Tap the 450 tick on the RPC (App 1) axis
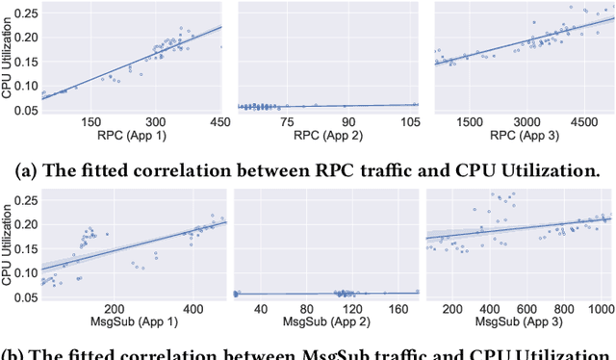pyautogui.click(x=220, y=122)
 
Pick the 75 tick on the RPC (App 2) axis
pyautogui.click(x=285, y=122)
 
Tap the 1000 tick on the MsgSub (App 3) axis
pyautogui.click(x=598, y=305)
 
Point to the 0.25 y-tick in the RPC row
pyautogui.click(x=24, y=14)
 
